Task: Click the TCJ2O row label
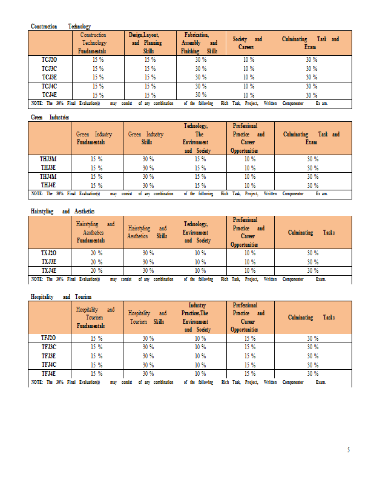pyautogui.click(x=49, y=60)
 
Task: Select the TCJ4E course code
pyautogui.click(x=49, y=95)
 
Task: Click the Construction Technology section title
pyautogui.click(x=61, y=27)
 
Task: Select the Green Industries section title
pyautogui.click(x=50, y=116)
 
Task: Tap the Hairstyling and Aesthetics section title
pyautogui.click(x=63, y=211)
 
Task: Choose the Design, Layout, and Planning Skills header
pyautogui.click(x=146, y=44)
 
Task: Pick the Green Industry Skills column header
pyautogui.click(x=146, y=138)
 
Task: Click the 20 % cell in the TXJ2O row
pyautogui.click(x=96, y=253)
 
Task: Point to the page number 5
pyautogui.click(x=348, y=450)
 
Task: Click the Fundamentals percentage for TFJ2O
pyautogui.click(x=96, y=338)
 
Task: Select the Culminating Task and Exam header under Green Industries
pyautogui.click(x=311, y=138)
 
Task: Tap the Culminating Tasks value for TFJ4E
pyautogui.click(x=312, y=373)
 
